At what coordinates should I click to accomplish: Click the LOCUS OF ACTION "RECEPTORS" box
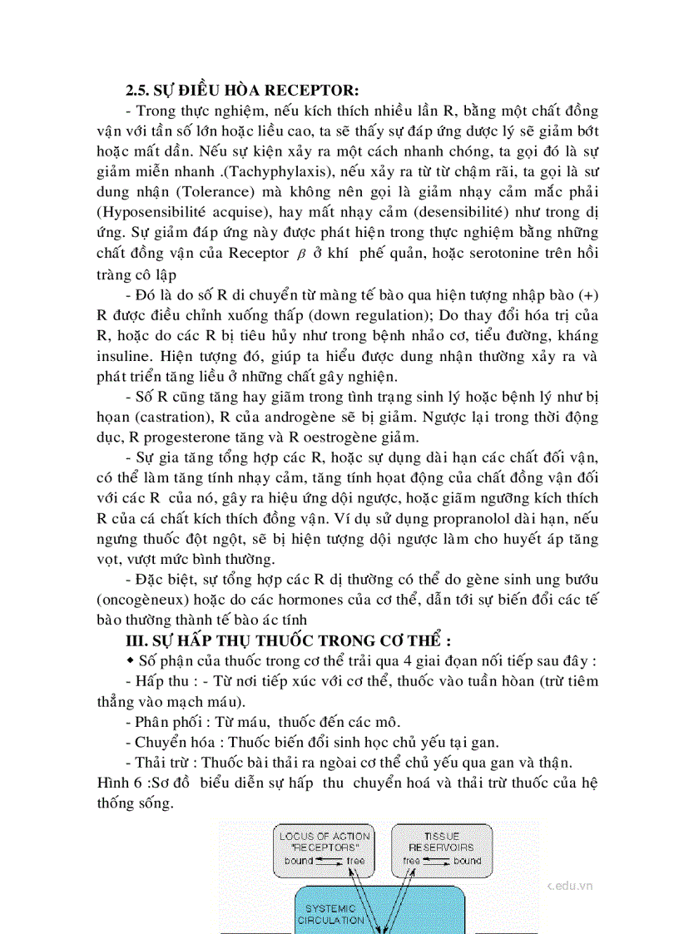coord(325,847)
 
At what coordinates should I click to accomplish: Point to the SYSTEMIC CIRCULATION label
coord(330,914)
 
